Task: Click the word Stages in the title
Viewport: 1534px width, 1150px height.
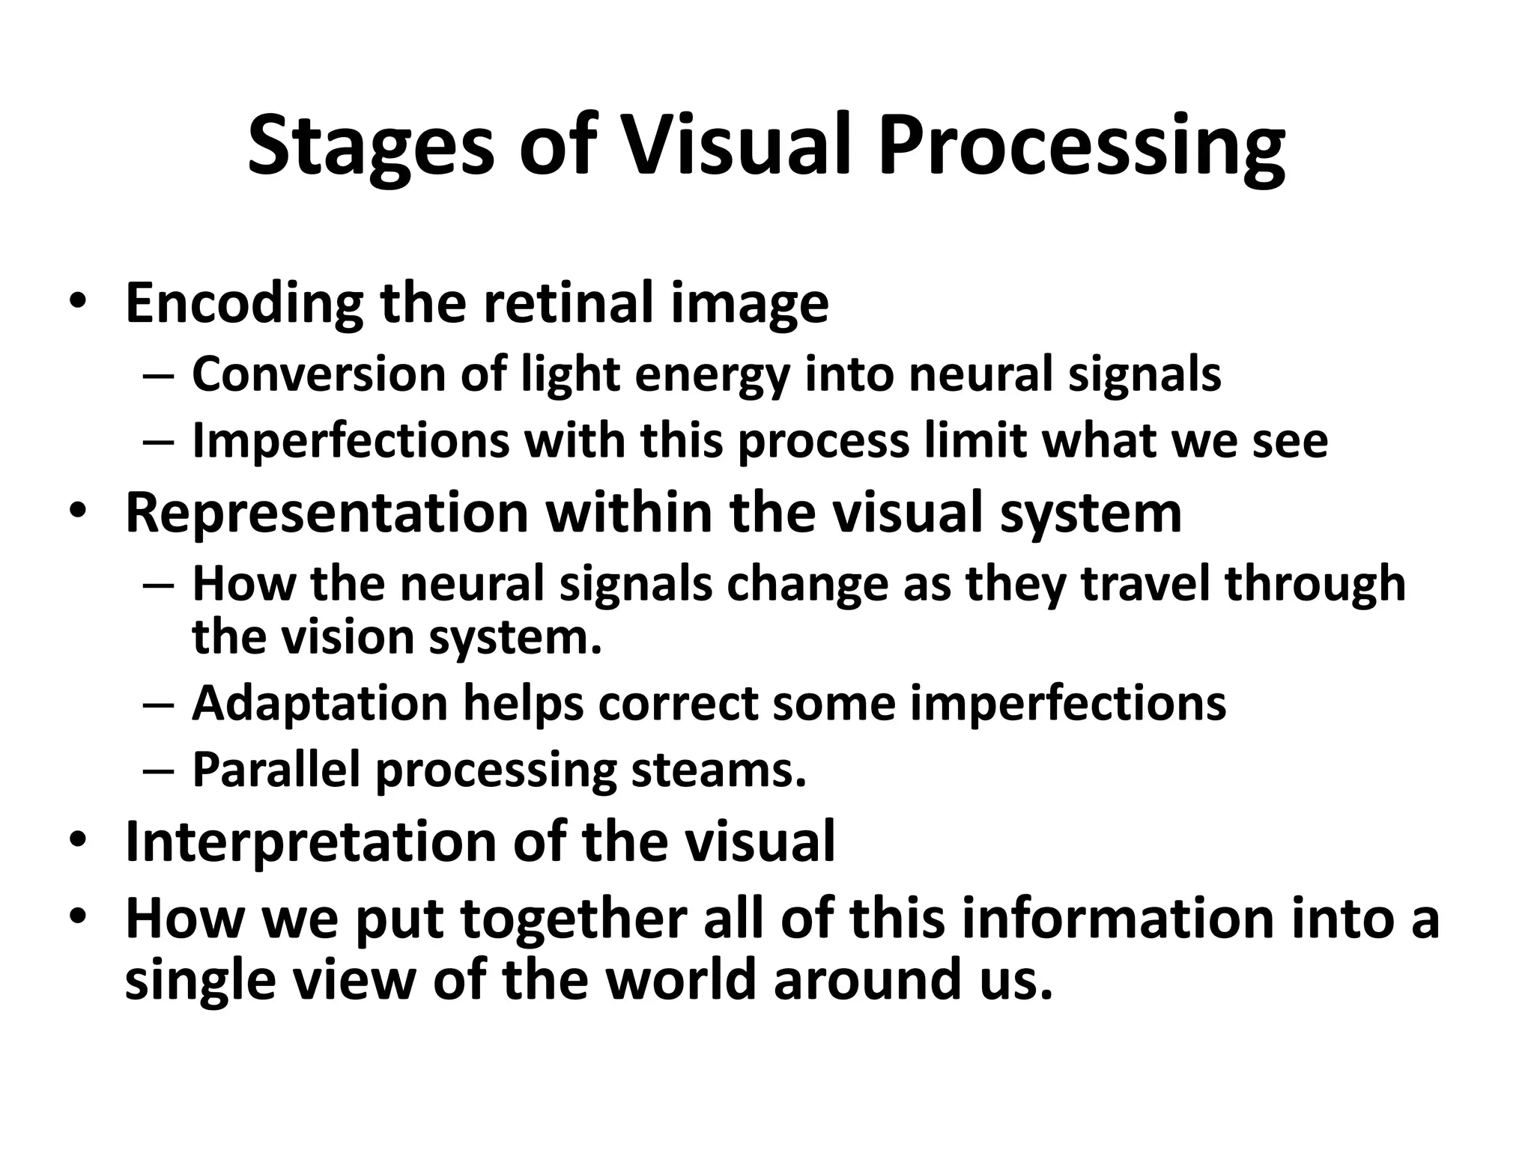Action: click(371, 146)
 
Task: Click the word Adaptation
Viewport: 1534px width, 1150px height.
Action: click(320, 704)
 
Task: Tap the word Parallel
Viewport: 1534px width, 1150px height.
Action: click(276, 770)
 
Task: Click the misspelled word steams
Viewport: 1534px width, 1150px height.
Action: click(719, 770)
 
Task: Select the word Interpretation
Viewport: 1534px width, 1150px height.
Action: click(311, 842)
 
